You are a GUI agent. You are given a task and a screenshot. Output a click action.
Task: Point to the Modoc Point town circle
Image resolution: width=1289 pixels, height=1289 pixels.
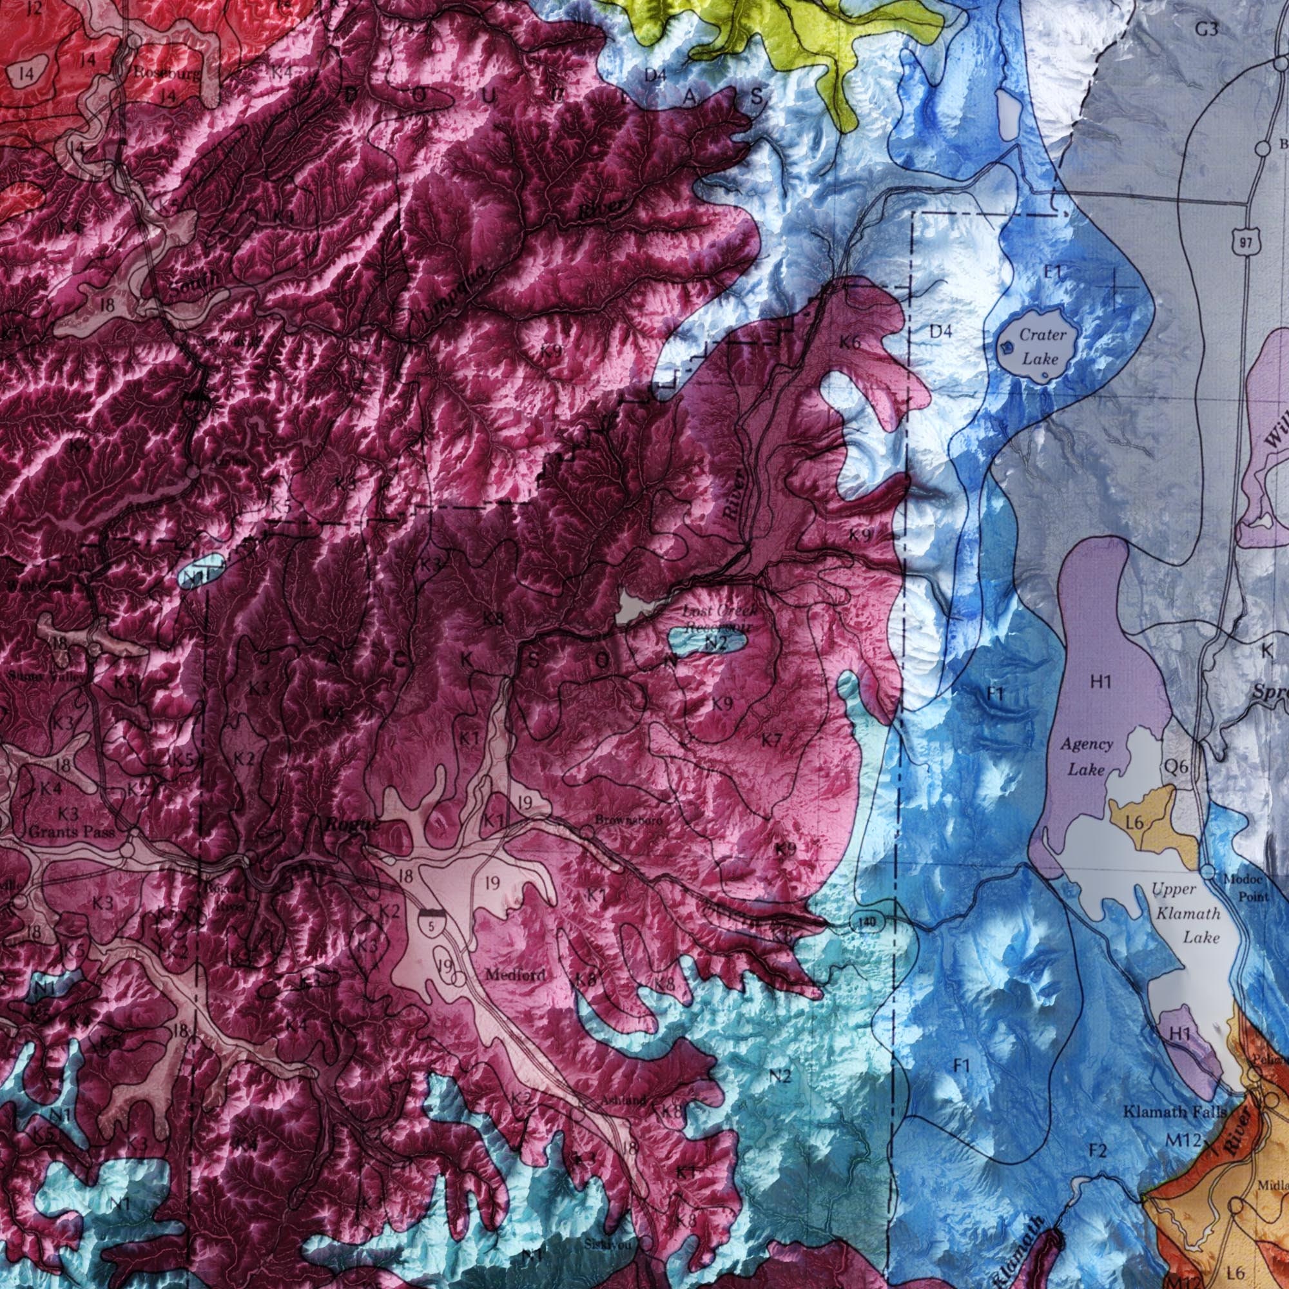pyautogui.click(x=1210, y=872)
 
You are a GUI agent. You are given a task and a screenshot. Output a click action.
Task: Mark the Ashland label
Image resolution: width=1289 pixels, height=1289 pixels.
pyautogui.click(x=623, y=1101)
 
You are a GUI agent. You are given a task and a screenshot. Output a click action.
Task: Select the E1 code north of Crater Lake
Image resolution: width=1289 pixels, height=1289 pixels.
pyautogui.click(x=1054, y=272)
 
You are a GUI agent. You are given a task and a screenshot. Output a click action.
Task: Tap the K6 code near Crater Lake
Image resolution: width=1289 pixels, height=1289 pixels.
pyautogui.click(x=850, y=343)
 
